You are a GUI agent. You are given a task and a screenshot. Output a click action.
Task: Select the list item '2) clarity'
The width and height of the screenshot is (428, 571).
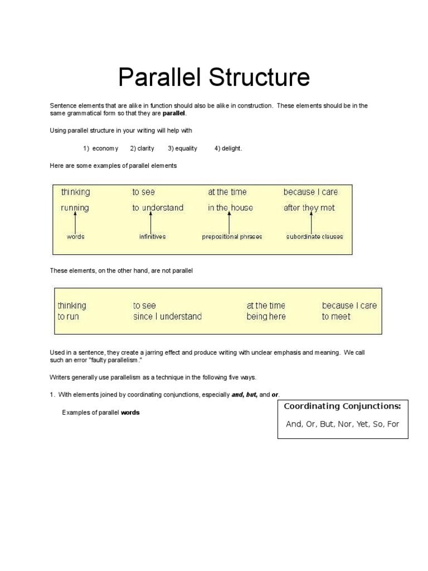tap(142, 148)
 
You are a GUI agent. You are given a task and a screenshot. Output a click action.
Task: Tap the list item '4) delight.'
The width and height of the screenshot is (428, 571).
tap(228, 148)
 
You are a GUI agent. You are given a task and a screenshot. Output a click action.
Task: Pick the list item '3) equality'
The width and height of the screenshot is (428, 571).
tap(183, 148)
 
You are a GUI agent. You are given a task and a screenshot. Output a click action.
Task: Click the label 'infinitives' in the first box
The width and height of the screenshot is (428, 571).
tap(152, 236)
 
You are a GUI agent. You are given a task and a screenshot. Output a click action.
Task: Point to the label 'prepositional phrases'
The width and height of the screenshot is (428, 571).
tap(232, 236)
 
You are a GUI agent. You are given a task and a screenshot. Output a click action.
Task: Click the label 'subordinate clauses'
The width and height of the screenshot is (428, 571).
tap(315, 236)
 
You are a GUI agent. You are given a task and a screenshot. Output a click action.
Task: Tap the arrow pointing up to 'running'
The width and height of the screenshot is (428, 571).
tap(75, 222)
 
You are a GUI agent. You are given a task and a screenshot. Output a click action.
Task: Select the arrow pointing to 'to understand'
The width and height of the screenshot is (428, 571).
tap(150, 222)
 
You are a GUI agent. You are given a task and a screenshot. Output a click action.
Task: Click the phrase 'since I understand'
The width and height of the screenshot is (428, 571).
tap(167, 317)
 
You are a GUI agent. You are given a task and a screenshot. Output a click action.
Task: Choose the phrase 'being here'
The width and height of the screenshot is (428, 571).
tap(266, 317)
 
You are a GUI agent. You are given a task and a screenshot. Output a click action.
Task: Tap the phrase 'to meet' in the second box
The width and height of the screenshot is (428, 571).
tap(336, 317)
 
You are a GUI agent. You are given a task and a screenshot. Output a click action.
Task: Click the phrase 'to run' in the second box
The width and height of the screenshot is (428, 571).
tap(69, 317)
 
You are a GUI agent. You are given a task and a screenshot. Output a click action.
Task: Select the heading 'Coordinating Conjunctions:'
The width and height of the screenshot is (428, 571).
tap(342, 406)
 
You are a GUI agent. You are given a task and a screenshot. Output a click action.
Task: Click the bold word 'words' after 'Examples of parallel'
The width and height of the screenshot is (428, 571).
tap(130, 413)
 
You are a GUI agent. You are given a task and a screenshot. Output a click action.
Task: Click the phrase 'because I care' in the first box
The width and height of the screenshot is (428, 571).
tap(310, 192)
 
